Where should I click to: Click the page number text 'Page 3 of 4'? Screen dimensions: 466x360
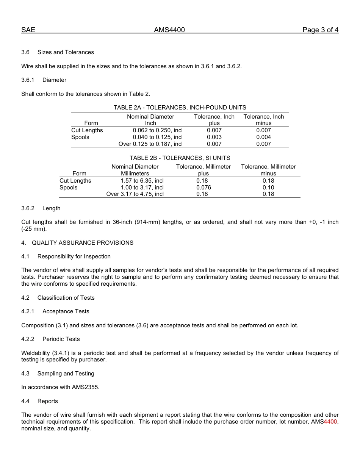click(x=320, y=30)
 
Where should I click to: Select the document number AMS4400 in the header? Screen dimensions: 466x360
click(x=169, y=30)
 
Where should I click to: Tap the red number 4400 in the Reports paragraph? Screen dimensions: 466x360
click(x=330, y=422)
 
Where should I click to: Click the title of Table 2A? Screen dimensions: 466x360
click(x=180, y=108)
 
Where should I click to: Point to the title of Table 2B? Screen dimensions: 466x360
click(x=180, y=158)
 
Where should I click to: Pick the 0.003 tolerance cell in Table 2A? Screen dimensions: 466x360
click(x=214, y=137)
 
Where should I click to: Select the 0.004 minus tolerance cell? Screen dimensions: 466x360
click(x=263, y=137)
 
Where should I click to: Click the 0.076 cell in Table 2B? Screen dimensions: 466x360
click(x=203, y=188)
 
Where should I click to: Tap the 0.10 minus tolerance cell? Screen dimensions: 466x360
click(x=268, y=188)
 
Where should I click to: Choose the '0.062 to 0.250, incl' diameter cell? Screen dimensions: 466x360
click(x=158, y=130)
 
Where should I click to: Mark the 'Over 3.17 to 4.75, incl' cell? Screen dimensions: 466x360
click(x=135, y=194)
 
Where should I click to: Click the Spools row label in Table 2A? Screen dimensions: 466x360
click(x=80, y=137)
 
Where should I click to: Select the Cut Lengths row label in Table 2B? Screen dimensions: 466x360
click(x=75, y=181)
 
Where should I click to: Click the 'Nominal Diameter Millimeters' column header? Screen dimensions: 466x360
click(x=135, y=170)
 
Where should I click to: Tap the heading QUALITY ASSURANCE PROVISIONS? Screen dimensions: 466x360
click(x=83, y=243)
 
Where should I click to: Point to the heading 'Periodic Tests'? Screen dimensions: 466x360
click(x=61, y=339)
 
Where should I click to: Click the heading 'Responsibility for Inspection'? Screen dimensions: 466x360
click(x=74, y=256)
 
